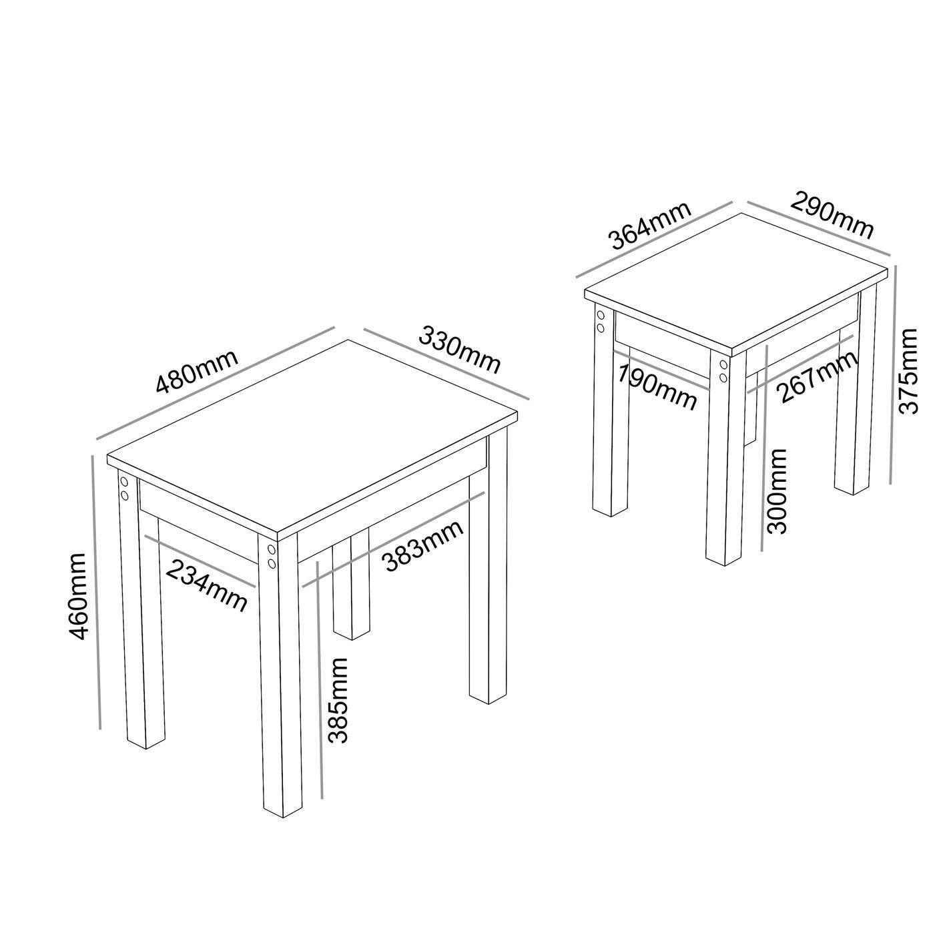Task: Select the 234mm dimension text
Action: [207, 585]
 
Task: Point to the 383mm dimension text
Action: [423, 546]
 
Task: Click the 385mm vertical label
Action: [339, 700]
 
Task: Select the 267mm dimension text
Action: [818, 377]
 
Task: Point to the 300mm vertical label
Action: [777, 491]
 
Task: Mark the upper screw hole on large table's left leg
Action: [124, 481]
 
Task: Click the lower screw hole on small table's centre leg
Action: [723, 378]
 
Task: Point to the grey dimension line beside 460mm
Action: [95, 594]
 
